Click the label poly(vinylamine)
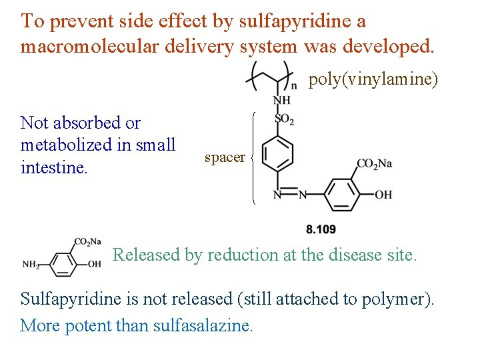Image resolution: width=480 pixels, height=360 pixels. point(373,80)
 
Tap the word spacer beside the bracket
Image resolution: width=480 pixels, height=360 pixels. point(225,157)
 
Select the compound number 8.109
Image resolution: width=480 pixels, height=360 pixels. point(321,229)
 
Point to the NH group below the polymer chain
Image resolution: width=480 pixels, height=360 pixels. point(282,101)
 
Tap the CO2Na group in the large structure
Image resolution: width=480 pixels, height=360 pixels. point(374,164)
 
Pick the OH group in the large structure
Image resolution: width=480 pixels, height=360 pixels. point(383,195)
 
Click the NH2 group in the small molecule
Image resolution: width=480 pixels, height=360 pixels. point(31,265)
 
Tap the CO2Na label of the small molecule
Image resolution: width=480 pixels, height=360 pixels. point(87,241)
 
